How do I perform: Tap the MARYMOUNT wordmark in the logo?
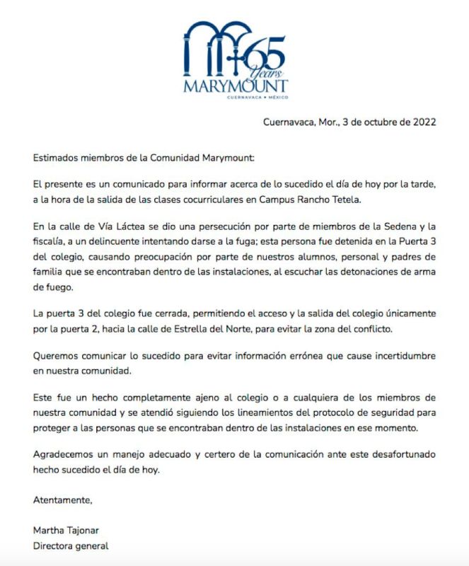[x=236, y=86]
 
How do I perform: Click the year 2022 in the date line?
[x=422, y=121]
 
